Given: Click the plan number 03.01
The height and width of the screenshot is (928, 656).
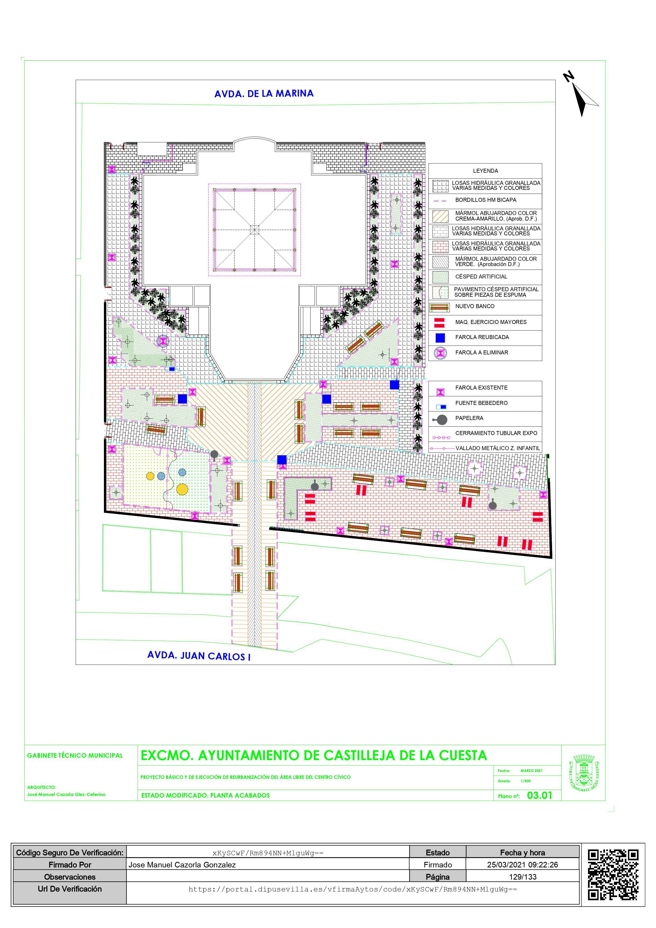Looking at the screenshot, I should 539,796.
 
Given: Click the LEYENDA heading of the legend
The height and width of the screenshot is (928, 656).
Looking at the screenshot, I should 485,171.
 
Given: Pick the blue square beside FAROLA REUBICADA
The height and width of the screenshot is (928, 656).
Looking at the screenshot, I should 440,337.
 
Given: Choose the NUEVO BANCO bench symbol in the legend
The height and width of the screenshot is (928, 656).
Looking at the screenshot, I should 439,307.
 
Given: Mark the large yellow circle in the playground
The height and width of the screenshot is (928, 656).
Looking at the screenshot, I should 182,489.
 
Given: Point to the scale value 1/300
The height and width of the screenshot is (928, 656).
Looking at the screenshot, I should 525,781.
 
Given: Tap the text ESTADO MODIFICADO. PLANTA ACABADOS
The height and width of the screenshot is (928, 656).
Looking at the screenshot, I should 205,796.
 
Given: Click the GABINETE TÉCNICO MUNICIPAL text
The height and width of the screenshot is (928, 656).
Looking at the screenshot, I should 75,755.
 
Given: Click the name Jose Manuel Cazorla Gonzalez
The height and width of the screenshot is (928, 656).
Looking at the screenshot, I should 182,865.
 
